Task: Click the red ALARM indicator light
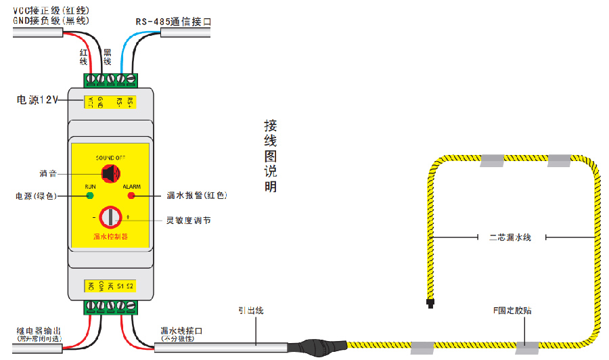(x=131, y=196)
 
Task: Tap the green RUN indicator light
(x=89, y=196)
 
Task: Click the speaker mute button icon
(x=110, y=173)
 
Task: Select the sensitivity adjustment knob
(x=110, y=217)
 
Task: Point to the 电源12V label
(x=38, y=100)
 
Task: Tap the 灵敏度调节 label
(x=189, y=220)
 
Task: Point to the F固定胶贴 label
(x=512, y=310)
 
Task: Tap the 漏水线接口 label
(x=181, y=330)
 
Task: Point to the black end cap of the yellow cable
(x=429, y=302)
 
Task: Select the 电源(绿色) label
(x=35, y=196)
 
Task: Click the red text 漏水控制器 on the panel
(x=111, y=237)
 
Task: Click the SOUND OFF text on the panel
(x=110, y=157)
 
